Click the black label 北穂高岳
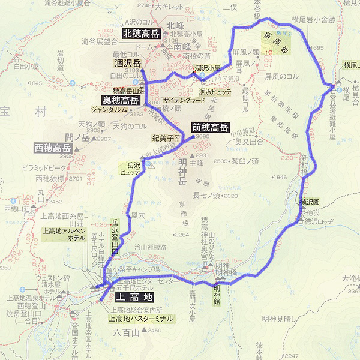pos(141,34)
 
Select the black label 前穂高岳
pos(210,127)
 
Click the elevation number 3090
pos(203,137)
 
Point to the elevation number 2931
pos(202,155)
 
